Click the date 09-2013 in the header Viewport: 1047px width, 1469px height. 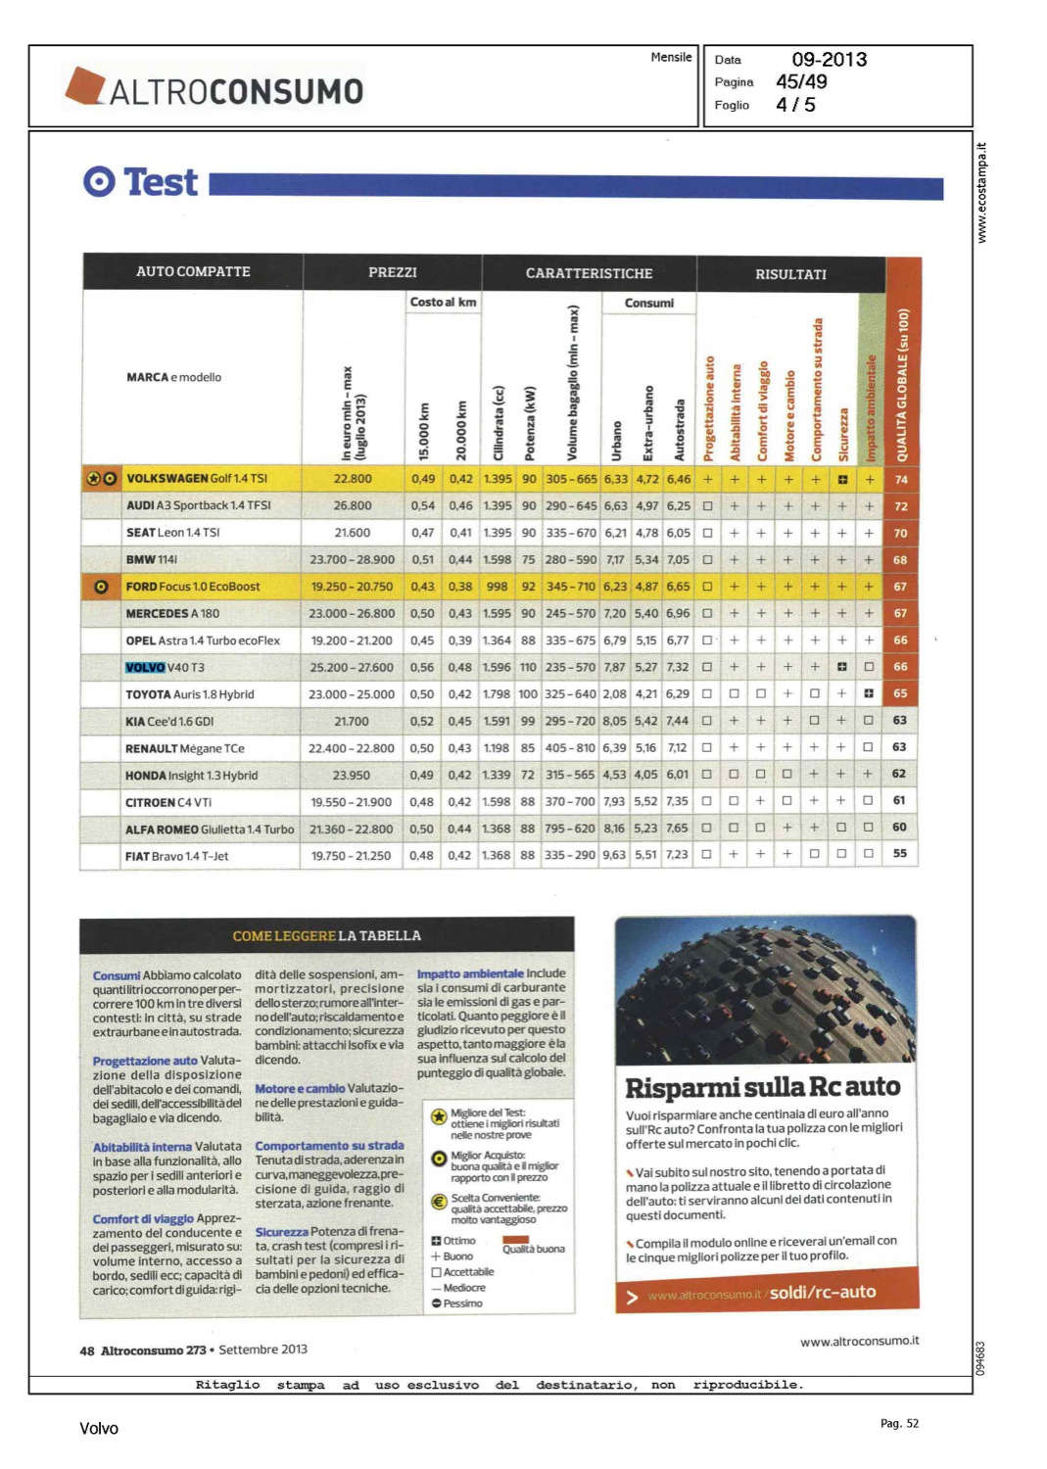click(829, 60)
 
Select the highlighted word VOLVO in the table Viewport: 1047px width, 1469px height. click(145, 667)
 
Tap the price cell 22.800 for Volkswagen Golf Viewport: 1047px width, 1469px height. click(353, 479)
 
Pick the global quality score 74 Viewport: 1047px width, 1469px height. click(900, 480)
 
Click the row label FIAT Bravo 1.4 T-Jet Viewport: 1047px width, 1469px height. click(176, 856)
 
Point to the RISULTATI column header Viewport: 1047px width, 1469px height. click(790, 274)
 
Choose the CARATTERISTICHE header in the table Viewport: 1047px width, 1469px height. click(589, 273)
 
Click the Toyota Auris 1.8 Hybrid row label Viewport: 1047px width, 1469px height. click(189, 694)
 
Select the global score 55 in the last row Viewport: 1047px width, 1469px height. click(899, 853)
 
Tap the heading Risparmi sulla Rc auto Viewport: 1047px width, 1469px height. click(762, 1088)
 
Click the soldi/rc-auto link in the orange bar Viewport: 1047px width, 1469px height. click(823, 1293)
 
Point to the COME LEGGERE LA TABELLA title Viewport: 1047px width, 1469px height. click(326, 936)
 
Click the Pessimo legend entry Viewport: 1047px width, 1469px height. click(457, 1303)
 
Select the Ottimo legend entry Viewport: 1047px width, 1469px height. click(453, 1241)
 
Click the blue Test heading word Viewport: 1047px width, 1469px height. click(161, 182)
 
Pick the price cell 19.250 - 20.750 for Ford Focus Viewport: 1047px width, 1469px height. click(352, 587)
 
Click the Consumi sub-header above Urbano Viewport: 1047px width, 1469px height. click(648, 304)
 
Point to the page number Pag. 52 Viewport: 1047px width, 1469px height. click(899, 1423)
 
